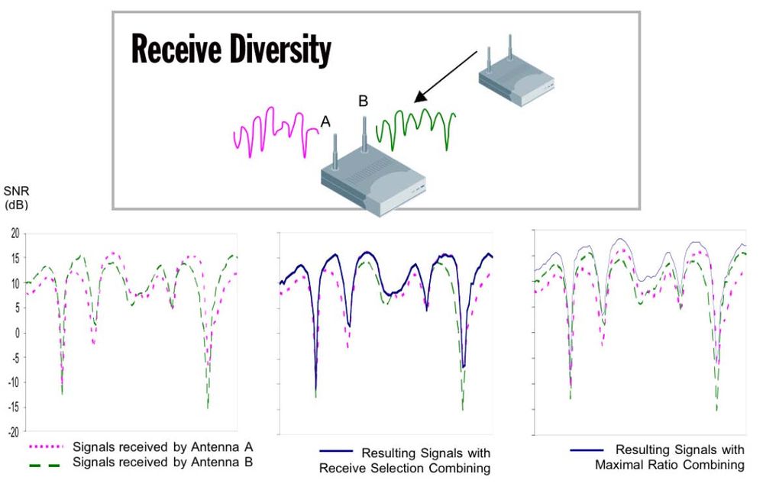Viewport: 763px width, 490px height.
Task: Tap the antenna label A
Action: pyautogui.click(x=325, y=121)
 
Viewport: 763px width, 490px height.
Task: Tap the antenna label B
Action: pyautogui.click(x=363, y=101)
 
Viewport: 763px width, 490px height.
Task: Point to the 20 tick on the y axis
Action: pyautogui.click(x=13, y=234)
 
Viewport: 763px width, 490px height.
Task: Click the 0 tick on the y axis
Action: pyautogui.click(x=16, y=333)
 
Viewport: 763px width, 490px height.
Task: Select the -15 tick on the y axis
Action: pyautogui.click(x=12, y=408)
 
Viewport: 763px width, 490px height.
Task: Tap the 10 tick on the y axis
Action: pyautogui.click(x=13, y=283)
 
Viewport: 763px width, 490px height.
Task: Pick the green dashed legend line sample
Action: pyautogui.click(x=44, y=463)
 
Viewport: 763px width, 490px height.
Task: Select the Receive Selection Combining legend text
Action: pyautogui.click(x=425, y=460)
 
